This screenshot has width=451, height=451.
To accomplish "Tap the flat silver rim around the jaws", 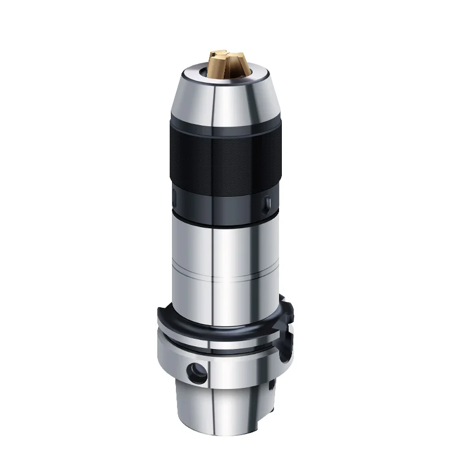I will click(194, 74).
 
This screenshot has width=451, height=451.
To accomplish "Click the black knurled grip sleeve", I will click(225, 158).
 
